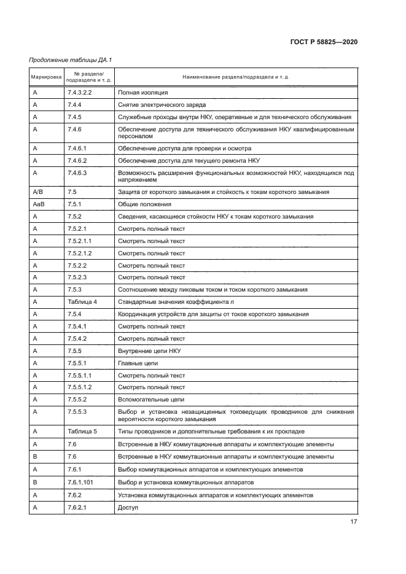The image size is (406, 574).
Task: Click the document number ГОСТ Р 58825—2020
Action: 323,42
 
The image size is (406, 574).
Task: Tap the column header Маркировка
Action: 46,77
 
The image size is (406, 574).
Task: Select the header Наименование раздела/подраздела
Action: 236,77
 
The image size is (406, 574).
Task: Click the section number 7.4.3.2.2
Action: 80,92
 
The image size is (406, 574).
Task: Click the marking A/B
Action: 37,192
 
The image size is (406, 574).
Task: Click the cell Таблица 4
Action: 82,302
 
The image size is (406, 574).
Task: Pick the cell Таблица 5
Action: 82,432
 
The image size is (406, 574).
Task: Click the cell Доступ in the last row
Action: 128,508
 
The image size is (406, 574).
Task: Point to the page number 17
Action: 353,522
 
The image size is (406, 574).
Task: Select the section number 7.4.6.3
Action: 77,173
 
